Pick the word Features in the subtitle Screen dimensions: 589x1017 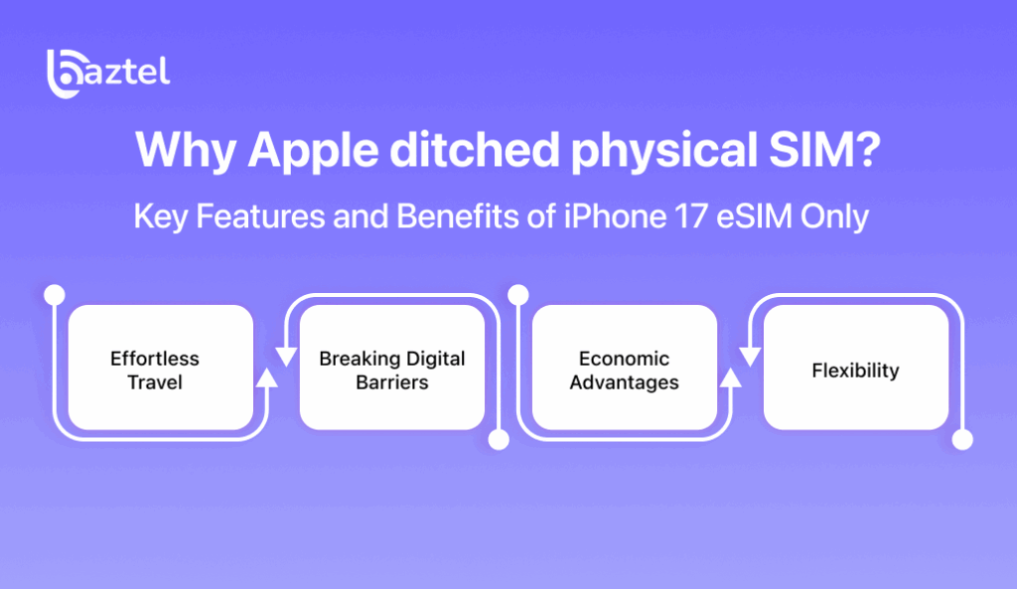[x=244, y=216]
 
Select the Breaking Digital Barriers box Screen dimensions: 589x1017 [x=392, y=368]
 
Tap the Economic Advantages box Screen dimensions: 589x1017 [x=625, y=368]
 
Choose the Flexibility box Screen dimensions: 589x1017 [x=856, y=368]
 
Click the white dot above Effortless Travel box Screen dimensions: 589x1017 [x=56, y=295]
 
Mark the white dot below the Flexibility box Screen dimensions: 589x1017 [x=961, y=439]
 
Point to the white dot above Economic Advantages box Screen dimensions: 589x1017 [x=516, y=295]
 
